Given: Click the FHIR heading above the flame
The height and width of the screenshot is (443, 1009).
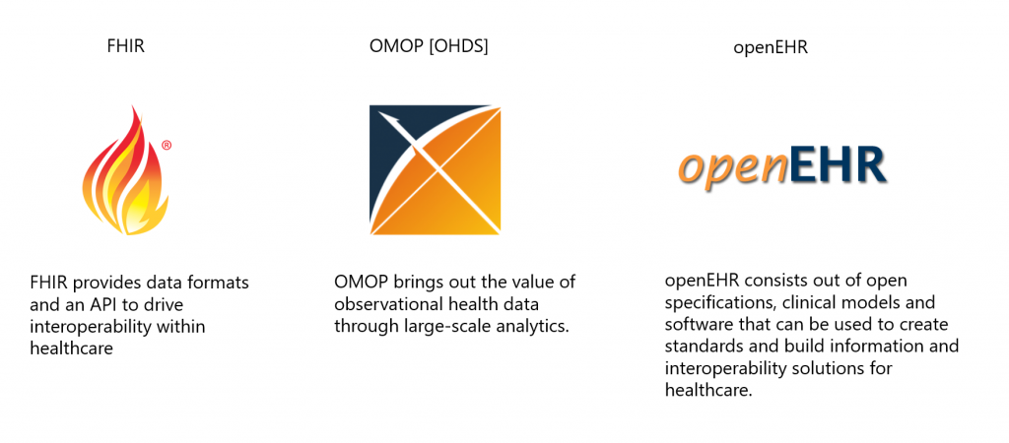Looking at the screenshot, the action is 125,47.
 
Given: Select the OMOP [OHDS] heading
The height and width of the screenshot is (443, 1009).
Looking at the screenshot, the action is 429,47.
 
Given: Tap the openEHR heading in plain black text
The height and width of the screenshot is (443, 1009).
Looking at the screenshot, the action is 771,48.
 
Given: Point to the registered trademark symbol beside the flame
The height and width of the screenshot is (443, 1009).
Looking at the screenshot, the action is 167,146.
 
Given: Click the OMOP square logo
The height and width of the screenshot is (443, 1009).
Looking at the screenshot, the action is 435,169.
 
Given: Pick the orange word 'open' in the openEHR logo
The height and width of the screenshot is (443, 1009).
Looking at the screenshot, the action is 733,167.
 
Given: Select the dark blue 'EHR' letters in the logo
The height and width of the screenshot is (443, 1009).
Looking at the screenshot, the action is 838,164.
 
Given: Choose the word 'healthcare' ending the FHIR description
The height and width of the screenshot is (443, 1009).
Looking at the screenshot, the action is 71,348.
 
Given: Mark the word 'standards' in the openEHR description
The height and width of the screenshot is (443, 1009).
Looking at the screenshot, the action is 699,347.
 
